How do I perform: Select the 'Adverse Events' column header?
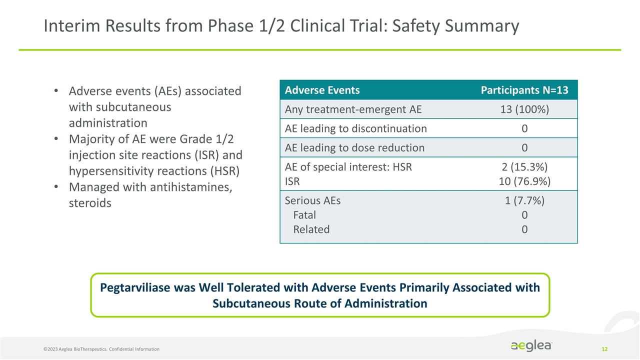322,90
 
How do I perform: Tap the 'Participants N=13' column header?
524,90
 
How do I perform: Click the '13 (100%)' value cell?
524,109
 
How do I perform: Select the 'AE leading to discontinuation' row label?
355,128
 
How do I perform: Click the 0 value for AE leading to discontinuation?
524,128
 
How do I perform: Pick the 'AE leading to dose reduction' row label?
354,147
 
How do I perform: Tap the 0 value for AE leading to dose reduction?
524,147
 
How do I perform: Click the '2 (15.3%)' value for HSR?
524,167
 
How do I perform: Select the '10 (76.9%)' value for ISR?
524,181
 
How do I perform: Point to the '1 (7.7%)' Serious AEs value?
524,200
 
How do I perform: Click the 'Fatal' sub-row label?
304,215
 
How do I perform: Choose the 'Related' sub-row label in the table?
311,229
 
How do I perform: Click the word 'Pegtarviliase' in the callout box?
138,288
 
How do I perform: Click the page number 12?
604,348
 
